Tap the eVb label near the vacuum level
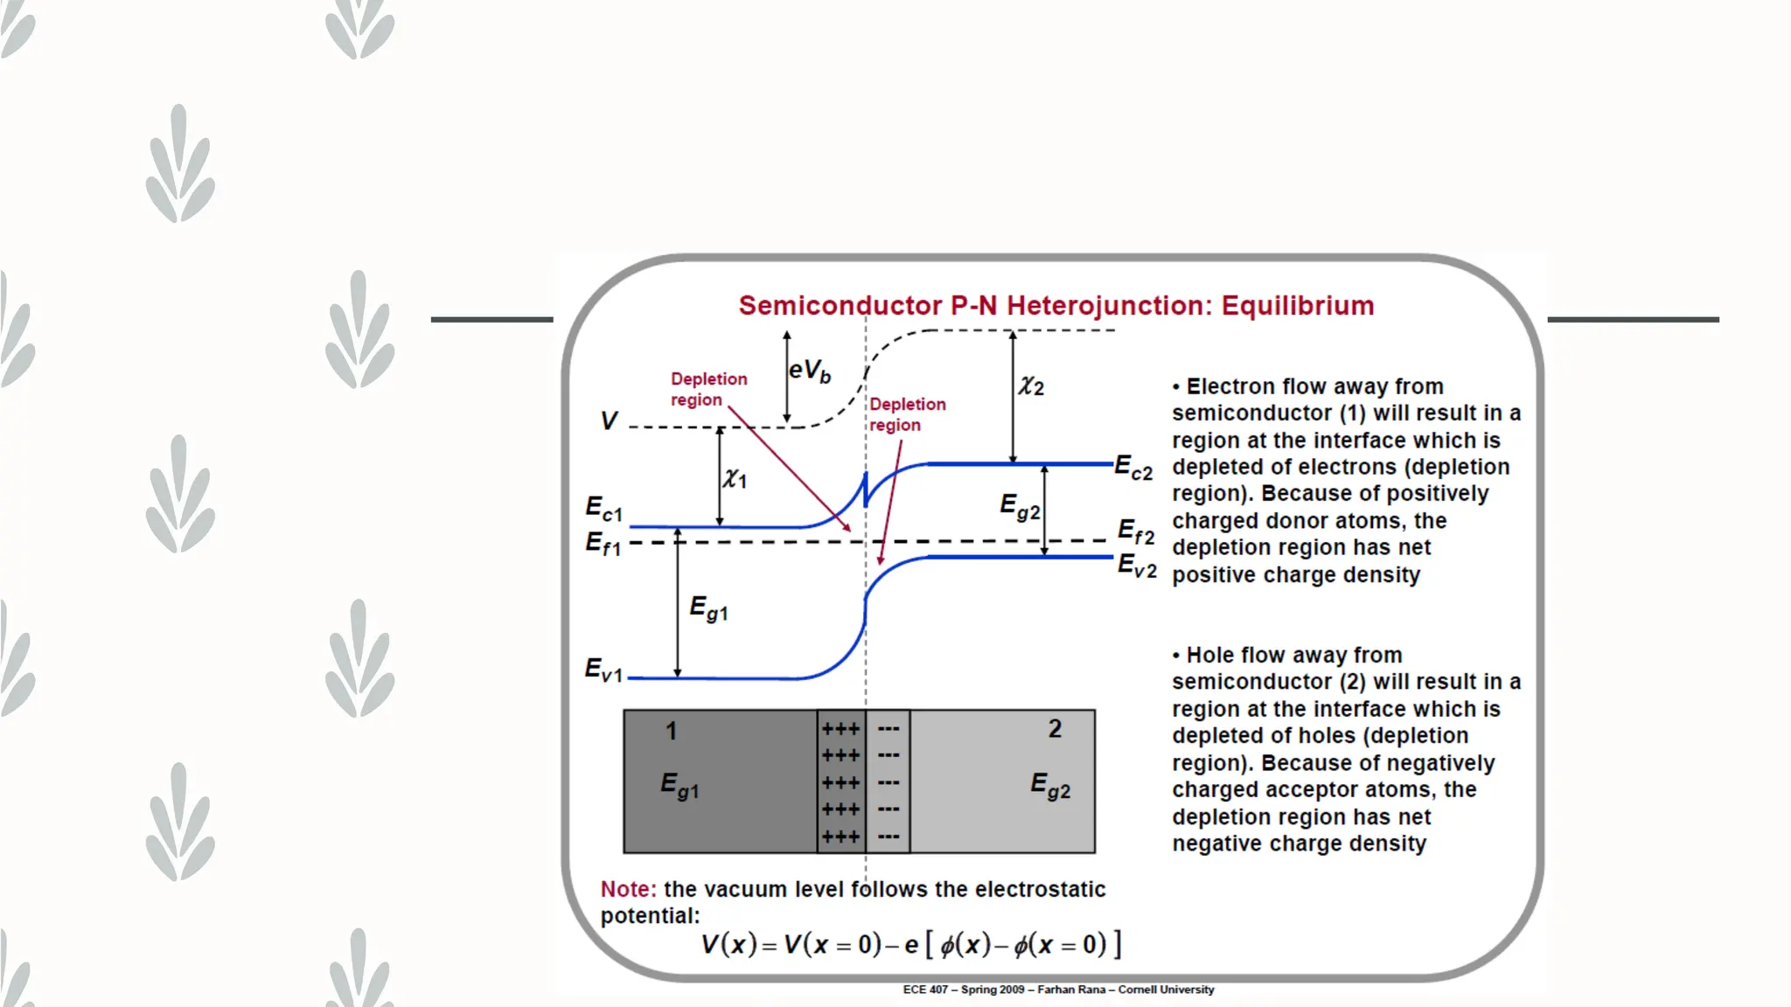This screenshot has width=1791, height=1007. pos(809,372)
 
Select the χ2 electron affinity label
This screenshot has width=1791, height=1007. pos(1031,385)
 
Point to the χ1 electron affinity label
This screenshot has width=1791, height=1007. pos(735,478)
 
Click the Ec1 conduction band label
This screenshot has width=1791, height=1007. pos(603,508)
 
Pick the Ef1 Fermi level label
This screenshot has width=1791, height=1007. pos(603,544)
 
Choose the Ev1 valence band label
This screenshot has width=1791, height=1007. pos(603,670)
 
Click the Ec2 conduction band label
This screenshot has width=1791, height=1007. pos(1133,468)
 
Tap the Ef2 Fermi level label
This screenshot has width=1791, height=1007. pos(1136,531)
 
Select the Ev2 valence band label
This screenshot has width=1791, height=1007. pos(1137,566)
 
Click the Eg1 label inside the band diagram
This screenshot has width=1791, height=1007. pos(708,608)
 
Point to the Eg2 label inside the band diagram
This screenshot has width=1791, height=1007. pos(1020,506)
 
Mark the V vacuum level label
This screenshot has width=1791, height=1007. pos(609,421)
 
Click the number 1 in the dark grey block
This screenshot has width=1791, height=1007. pos(671,731)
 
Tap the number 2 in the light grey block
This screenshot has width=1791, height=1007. pos(1055,729)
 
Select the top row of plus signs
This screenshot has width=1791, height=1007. pos(840,729)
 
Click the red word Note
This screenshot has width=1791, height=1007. pos(628,889)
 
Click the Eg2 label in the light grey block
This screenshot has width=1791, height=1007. pos(1050,785)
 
